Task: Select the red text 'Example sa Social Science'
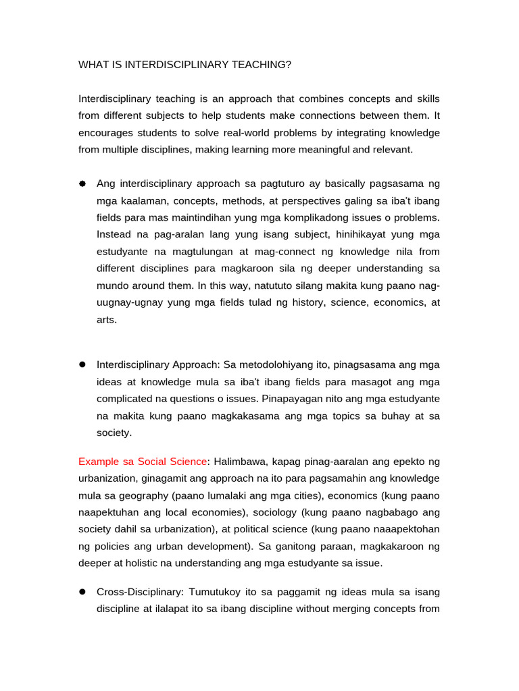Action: (x=143, y=462)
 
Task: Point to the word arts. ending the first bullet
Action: (x=107, y=320)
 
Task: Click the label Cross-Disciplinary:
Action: (x=139, y=592)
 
